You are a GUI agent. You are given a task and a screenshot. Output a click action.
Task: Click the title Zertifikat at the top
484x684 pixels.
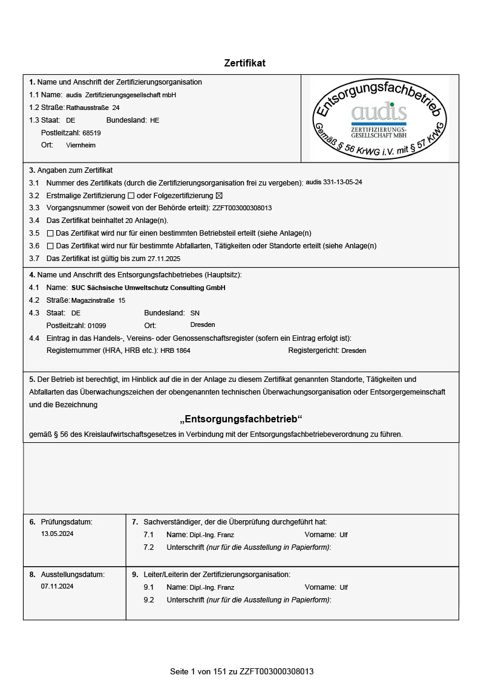[x=244, y=63]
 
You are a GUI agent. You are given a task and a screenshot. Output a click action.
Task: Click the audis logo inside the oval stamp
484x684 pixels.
[x=379, y=112]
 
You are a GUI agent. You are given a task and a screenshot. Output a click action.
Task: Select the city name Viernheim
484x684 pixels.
[x=80, y=146]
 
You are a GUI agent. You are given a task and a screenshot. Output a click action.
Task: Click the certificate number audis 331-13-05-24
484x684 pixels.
[x=334, y=182]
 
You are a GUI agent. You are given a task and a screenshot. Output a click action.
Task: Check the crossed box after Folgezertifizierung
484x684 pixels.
[x=219, y=196]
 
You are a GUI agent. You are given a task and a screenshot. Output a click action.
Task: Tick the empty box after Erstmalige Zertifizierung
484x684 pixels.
[x=131, y=196]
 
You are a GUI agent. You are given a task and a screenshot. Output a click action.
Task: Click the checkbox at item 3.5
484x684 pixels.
[x=50, y=233]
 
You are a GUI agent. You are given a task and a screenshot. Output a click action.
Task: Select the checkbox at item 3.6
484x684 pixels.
[x=50, y=246]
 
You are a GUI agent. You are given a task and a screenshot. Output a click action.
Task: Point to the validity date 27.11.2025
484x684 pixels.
[x=164, y=259]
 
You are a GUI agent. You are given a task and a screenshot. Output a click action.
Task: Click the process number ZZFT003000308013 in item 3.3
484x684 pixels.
[x=242, y=208]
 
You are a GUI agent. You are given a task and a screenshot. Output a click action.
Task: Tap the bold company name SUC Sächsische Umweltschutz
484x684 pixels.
[x=148, y=288]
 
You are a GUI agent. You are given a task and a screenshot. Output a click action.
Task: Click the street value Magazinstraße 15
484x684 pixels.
[x=98, y=300]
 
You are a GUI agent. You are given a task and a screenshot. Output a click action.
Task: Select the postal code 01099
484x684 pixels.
[x=97, y=326]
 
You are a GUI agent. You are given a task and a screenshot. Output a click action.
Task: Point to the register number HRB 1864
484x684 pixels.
[x=175, y=351]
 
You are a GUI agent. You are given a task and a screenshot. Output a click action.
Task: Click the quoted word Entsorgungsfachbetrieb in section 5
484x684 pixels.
[x=241, y=419]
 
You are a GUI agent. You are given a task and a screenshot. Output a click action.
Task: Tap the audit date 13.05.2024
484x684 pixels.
[x=57, y=534]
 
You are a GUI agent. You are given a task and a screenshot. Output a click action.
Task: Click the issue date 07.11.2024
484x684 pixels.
[x=57, y=587]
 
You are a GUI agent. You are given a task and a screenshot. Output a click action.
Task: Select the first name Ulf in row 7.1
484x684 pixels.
[x=344, y=535]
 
